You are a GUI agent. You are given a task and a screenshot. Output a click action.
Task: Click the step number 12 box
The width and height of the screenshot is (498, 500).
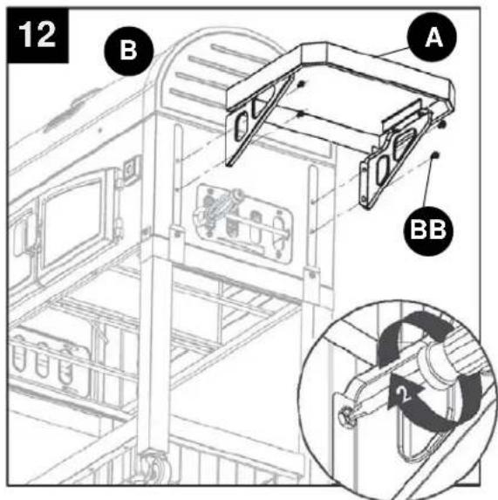click(38, 35)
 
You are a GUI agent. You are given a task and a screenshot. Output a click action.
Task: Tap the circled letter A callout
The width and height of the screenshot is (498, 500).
click(432, 38)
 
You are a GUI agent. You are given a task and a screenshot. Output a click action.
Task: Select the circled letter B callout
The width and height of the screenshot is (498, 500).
click(129, 51)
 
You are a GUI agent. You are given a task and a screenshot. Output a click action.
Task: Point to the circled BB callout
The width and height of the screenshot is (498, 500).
click(428, 230)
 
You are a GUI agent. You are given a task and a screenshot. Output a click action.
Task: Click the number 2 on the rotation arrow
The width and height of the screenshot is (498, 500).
click(404, 394)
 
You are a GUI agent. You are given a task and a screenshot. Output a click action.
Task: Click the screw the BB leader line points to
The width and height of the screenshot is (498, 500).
click(435, 155)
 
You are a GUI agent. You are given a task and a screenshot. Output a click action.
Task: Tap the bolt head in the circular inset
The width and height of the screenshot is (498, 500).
click(347, 416)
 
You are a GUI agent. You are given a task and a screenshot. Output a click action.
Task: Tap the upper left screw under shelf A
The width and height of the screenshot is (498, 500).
click(301, 85)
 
